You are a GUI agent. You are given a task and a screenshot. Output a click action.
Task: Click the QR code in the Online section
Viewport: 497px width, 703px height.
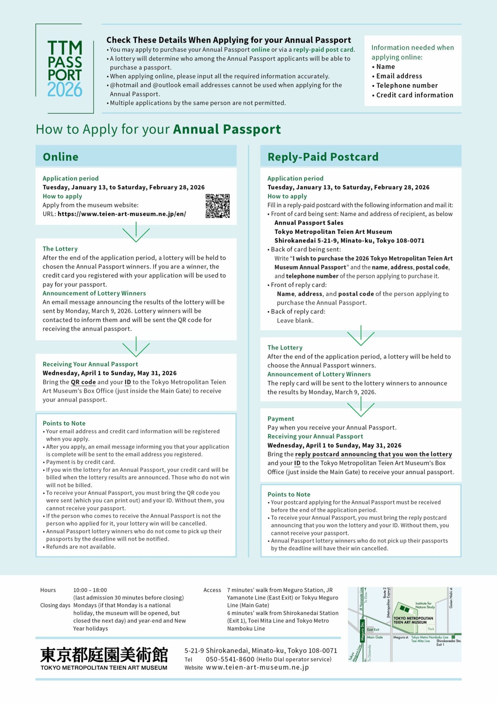[218, 206]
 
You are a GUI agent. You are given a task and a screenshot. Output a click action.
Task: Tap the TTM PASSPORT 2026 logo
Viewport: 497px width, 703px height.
[65, 69]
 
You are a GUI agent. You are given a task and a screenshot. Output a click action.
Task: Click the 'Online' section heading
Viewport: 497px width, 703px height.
[60, 157]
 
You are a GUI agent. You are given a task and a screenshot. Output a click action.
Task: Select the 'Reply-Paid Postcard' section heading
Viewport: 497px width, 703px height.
[323, 157]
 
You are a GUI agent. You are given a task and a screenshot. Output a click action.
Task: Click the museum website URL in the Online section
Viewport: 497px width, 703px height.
[122, 214]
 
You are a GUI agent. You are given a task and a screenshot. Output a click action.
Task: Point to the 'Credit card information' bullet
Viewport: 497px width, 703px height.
[415, 95]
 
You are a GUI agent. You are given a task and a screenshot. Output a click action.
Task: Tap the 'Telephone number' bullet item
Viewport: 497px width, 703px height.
[407, 85]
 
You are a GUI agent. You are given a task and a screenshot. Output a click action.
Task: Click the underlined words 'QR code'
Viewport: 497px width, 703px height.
[83, 382]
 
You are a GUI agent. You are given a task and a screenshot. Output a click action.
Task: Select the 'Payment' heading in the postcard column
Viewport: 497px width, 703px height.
[281, 419]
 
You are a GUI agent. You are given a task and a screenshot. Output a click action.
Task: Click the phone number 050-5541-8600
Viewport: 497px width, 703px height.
[230, 659]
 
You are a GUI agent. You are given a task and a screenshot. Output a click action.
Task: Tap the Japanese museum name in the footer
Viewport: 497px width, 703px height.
[104, 655]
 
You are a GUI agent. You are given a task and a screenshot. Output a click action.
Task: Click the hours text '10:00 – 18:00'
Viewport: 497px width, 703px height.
[90, 590]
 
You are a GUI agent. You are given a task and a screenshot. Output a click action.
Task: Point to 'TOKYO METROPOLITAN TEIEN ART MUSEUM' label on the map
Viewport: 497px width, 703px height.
[413, 620]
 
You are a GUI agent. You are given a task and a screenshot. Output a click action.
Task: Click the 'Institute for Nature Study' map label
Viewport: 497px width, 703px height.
[425, 605]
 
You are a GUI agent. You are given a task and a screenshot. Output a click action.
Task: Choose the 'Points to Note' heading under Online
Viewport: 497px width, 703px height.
[64, 423]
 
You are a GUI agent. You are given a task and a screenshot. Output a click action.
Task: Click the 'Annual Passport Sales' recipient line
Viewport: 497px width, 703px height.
[309, 223]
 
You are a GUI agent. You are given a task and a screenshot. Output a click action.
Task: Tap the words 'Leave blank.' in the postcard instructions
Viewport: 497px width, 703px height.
[295, 320]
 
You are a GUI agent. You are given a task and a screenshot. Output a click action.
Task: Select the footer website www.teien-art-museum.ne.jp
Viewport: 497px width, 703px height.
[257, 667]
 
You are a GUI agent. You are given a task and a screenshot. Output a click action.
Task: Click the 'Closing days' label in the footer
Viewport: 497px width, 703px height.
[55, 605]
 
